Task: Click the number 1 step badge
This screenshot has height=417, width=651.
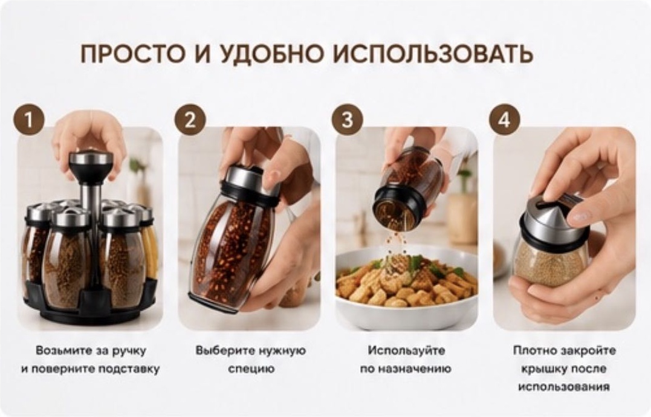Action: (x=28, y=120)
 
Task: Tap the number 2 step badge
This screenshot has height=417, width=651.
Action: (x=190, y=120)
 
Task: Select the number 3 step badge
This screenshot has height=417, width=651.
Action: (x=347, y=120)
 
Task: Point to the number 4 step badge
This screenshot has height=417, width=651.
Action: (x=505, y=120)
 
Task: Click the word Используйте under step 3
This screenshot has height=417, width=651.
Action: (x=406, y=351)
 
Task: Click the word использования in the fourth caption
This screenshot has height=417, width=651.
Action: (x=564, y=387)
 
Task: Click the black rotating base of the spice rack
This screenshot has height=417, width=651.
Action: (x=91, y=305)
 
